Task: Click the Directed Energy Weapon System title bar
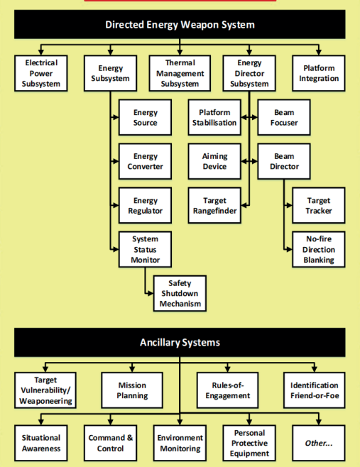180,24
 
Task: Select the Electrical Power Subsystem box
41,73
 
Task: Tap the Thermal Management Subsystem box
180,73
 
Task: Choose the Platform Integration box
319,73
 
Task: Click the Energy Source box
145,117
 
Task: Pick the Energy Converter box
145,161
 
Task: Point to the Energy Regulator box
145,206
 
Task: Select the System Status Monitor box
145,249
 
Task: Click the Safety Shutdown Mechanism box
180,293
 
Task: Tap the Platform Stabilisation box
214,117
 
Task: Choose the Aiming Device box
214,161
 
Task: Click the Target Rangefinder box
214,206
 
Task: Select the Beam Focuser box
284,117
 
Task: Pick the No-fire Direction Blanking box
319,249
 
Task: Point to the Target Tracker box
319,206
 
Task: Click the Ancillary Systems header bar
180,343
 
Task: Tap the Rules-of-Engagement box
228,390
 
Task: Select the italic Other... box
319,443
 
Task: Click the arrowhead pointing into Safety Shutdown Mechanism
151,293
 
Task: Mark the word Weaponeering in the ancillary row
45,401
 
